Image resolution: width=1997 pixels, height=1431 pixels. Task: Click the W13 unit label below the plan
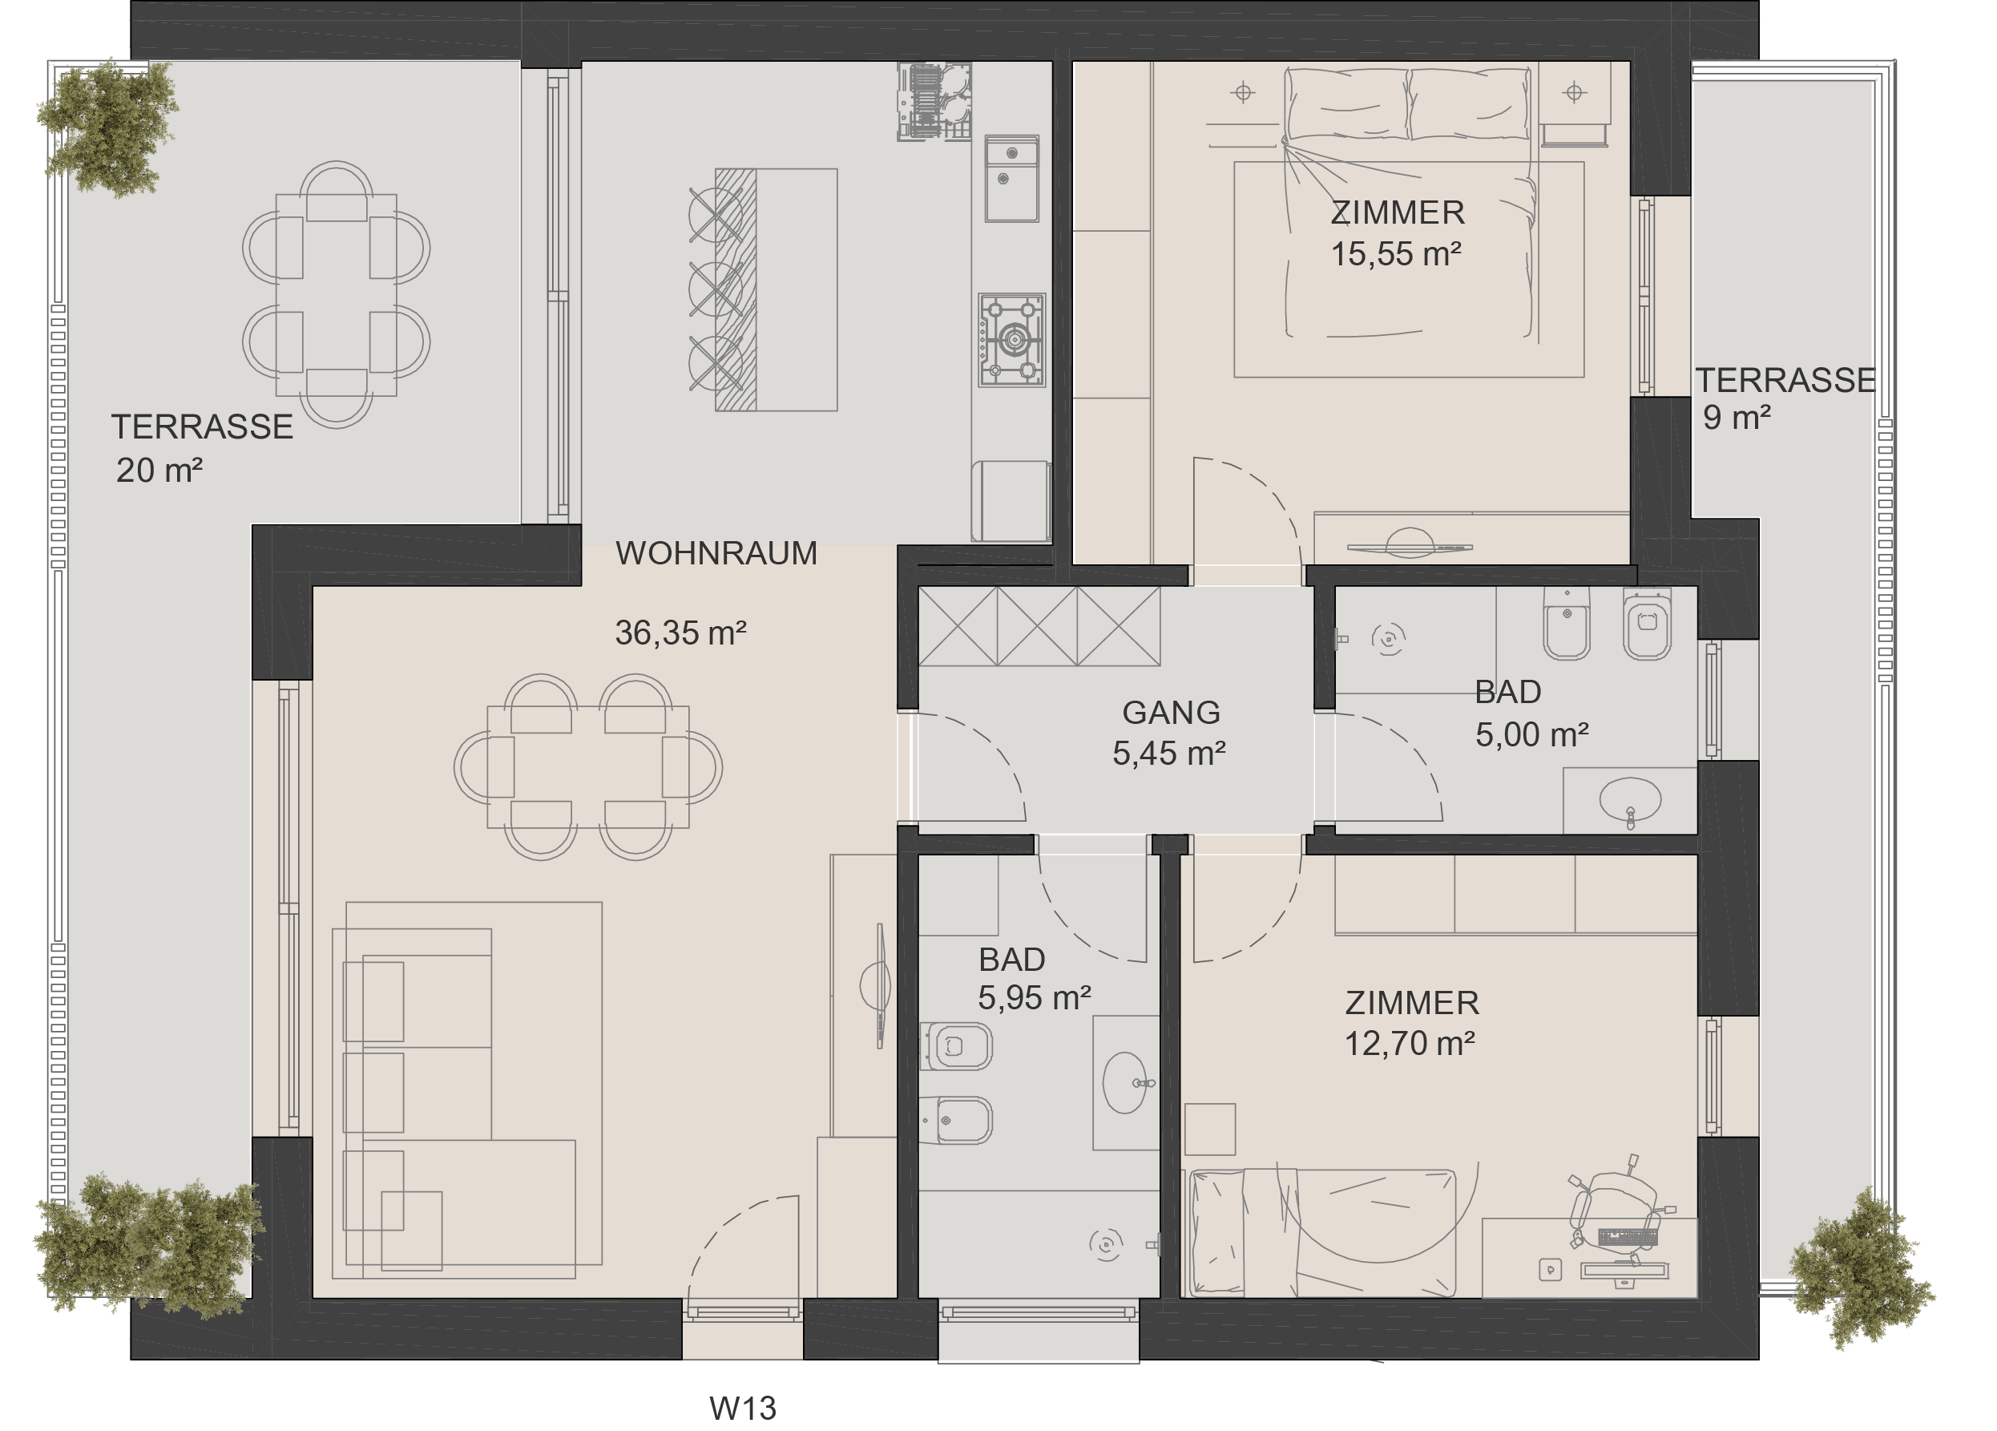pos(742,1408)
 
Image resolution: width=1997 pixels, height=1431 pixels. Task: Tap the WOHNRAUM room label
pos(716,553)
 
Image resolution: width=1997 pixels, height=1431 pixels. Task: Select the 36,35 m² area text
pos(680,633)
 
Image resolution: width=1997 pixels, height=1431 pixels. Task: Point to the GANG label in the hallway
pos(1171,712)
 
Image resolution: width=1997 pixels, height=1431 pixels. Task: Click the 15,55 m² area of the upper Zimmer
pos(1396,253)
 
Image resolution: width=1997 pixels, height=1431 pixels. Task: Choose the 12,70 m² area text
pos(1409,1044)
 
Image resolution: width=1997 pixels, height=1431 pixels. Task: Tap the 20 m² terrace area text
pos(159,471)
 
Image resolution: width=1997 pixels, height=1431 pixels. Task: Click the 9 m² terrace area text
pos(1737,418)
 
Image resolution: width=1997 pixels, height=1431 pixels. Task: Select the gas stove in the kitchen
pos(1011,340)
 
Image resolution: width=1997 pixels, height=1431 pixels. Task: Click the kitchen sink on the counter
pos(1011,179)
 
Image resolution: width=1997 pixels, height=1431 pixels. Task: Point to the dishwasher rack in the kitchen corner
pos(934,101)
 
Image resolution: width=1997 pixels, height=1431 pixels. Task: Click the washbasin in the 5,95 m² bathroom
pos(1126,1082)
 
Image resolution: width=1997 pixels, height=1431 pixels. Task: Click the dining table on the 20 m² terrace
pos(337,295)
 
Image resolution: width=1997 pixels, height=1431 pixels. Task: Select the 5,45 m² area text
pos(1169,754)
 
